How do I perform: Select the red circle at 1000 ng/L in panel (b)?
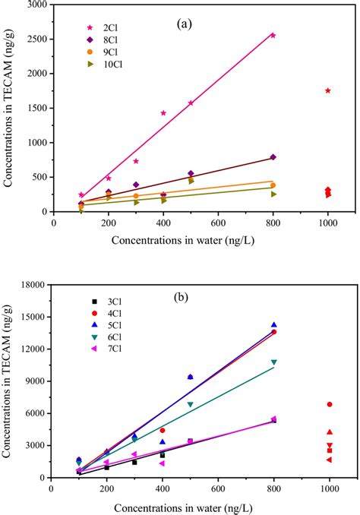coord(330,404)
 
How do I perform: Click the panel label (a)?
coord(185,24)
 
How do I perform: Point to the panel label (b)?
coord(180,297)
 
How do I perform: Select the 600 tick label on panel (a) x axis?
coord(218,223)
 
